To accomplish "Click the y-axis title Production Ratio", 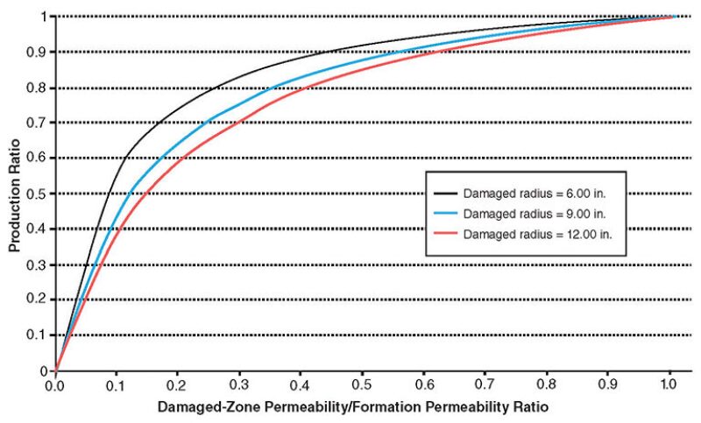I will click(15, 194).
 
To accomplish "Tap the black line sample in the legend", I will click(446, 194).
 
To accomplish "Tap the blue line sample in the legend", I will click(446, 214).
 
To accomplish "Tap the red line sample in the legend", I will click(446, 234).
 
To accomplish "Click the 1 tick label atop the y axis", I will click(44, 16).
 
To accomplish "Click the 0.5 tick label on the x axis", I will click(365, 384).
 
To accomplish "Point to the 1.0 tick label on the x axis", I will click(669, 384).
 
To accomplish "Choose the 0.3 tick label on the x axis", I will click(240, 384).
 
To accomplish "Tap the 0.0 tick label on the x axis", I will click(55, 384).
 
